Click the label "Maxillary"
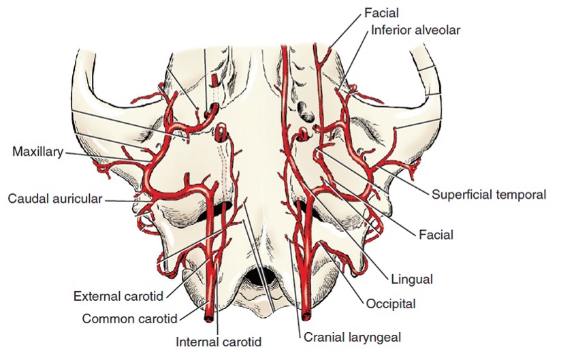pyautogui.click(x=38, y=152)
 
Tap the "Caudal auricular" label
pyautogui.click(x=55, y=199)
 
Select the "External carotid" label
pyautogui.click(x=118, y=296)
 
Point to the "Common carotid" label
pyautogui.click(x=130, y=318)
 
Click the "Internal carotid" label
pyautogui.click(x=219, y=342)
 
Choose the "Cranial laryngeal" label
pyautogui.click(x=353, y=337)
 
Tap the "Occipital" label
pyautogui.click(x=391, y=304)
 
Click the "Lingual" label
pyautogui.click(x=412, y=279)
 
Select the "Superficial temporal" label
pyautogui.click(x=489, y=195)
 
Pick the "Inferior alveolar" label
pyautogui.click(x=416, y=31)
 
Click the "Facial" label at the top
pyautogui.click(x=381, y=13)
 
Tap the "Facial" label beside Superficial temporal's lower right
pyautogui.click(x=436, y=235)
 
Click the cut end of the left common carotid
pyautogui.click(x=208, y=317)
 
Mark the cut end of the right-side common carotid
pyautogui.click(x=306, y=316)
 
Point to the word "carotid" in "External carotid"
pyautogui.click(x=143, y=296)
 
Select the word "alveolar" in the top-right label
pyautogui.click(x=438, y=31)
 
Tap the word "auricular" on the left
pyautogui.click(x=79, y=199)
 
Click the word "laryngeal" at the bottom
pyautogui.click(x=376, y=338)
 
